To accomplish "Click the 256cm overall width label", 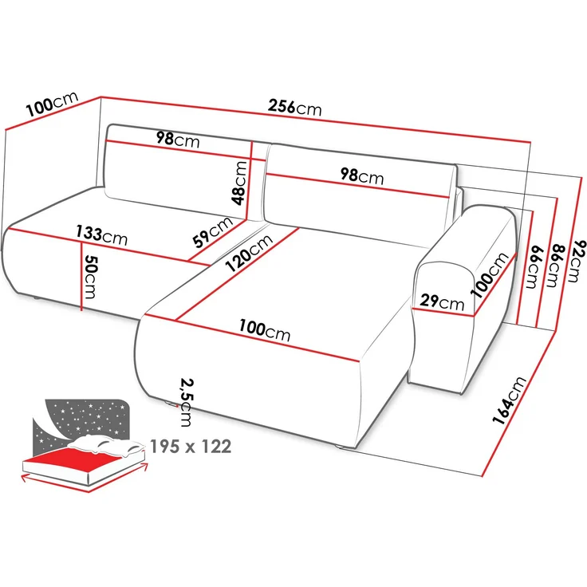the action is point(294,107).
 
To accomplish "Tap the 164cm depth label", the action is point(509,400).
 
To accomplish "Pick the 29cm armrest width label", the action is point(442,301).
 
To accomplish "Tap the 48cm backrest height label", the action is point(238,183).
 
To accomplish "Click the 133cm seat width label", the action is point(101,234).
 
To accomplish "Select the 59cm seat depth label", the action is point(213,232).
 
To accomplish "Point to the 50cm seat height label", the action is point(90,276).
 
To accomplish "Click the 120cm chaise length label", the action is point(249,254).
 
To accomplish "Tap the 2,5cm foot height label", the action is point(187,403).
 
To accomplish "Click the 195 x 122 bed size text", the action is point(191,447).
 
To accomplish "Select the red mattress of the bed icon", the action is point(84,460).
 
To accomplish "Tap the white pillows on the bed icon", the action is point(107,446).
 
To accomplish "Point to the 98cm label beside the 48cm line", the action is point(178,140).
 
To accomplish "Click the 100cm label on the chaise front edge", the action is point(265,329).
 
